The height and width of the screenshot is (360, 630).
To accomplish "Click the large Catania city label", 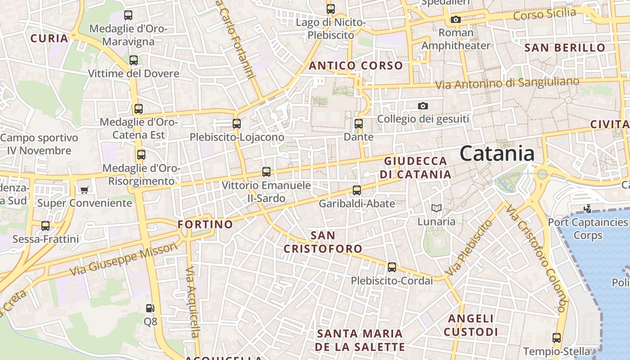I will [x=497, y=153].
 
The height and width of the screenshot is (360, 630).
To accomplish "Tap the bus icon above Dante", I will [x=358, y=123].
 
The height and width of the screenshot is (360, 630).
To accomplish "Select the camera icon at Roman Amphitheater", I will [x=456, y=19].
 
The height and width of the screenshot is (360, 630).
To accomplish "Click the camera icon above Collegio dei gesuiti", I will [x=423, y=106].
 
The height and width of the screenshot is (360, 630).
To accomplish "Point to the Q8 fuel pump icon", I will [x=150, y=308].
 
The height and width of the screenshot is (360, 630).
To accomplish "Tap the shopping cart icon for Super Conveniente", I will [x=84, y=190].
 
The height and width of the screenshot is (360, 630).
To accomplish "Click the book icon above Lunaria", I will [x=436, y=208].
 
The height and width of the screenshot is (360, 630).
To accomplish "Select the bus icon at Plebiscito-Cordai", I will [x=391, y=267].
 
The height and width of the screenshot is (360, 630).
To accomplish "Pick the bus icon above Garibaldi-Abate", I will [x=356, y=190].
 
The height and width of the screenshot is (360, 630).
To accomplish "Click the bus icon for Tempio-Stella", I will [x=556, y=338].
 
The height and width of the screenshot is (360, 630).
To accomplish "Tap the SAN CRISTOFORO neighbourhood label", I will [x=323, y=242].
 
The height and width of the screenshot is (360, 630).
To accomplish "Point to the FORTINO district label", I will [x=205, y=224].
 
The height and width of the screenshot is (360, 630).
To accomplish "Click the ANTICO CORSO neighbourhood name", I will [x=355, y=66].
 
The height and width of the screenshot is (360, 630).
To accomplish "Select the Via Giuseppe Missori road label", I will [x=124, y=259].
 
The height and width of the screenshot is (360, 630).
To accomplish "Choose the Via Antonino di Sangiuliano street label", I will [x=507, y=83].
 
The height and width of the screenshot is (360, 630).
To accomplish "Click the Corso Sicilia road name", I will [x=544, y=14].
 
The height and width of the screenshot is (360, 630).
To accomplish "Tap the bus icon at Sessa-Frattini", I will [x=45, y=225].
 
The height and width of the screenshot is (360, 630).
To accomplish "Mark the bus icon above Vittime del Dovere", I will [x=133, y=60].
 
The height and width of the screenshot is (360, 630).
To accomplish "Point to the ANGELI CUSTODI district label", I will [x=471, y=325].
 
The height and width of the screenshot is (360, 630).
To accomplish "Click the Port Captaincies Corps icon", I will [x=587, y=208].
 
